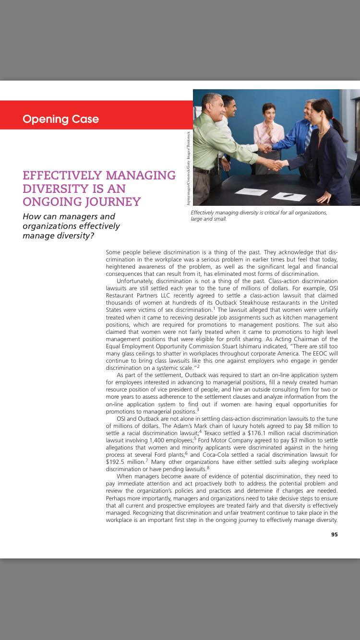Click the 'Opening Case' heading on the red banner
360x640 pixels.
tap(60, 119)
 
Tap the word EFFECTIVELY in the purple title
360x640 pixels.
tap(62, 176)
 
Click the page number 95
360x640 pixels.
tap(334, 534)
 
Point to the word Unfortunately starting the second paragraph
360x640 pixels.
tap(135, 281)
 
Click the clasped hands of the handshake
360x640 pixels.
tap(276, 165)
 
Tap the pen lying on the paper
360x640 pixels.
tap(288, 195)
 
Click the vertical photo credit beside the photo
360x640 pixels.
tap(189, 168)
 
